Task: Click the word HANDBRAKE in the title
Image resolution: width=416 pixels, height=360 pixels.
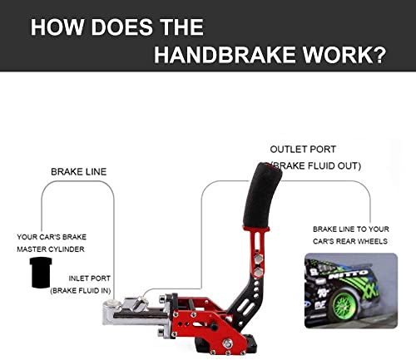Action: point(225,55)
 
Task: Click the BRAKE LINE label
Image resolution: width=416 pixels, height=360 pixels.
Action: point(79,172)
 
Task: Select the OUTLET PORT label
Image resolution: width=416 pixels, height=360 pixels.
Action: point(303,150)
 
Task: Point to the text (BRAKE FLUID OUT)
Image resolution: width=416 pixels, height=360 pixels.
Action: point(315,165)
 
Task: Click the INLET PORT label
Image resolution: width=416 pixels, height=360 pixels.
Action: point(90,279)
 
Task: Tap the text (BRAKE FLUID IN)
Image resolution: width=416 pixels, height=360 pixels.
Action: point(81,291)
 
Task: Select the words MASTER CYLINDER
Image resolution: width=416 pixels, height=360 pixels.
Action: point(51,249)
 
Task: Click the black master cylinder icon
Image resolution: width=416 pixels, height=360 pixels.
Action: point(41,273)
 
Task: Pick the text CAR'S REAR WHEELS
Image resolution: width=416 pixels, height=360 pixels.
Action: point(350,241)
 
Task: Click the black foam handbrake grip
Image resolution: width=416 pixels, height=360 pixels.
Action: point(261,195)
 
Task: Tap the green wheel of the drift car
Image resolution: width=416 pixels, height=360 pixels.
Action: point(344,306)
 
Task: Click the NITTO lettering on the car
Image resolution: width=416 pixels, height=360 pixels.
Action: point(349,274)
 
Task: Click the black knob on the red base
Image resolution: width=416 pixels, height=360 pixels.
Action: point(214,327)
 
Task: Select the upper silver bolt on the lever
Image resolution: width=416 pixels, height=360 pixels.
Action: point(259,259)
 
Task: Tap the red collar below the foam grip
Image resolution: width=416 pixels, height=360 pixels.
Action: point(256,229)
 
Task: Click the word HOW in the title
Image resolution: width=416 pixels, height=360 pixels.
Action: point(57,27)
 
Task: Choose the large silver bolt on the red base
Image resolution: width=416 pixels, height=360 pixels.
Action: point(227,343)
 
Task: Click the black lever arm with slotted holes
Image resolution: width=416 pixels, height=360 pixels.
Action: point(245,299)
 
